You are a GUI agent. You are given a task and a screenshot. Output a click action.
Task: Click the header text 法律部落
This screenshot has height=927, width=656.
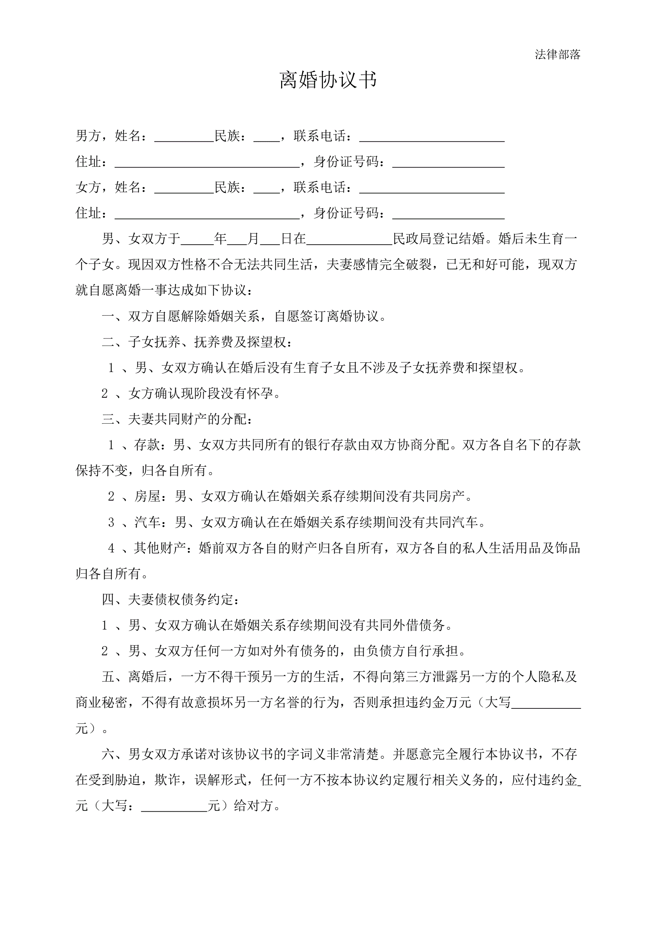(557, 54)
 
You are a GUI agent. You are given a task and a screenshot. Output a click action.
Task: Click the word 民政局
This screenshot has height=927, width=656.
(412, 238)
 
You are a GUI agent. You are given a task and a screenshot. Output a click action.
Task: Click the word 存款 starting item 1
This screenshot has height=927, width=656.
(147, 445)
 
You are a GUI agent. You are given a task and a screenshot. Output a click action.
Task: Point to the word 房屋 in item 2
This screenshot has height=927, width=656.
(147, 496)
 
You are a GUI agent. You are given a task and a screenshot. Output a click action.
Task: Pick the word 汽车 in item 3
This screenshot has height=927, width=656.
(147, 522)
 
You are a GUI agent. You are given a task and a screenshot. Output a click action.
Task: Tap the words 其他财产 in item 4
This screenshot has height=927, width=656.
(160, 548)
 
